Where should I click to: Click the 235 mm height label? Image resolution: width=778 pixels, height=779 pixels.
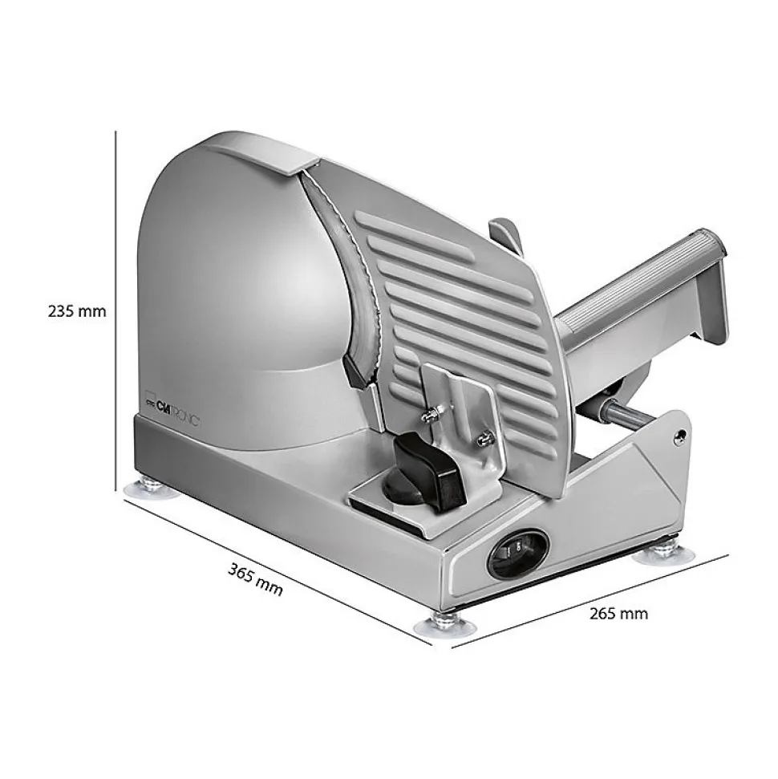[77, 311]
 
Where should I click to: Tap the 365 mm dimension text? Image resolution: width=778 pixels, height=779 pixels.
[255, 578]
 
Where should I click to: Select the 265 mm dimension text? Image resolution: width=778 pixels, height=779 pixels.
[618, 614]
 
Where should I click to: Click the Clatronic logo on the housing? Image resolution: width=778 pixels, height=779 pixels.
[172, 406]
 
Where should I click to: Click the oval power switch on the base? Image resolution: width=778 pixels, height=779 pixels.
[518, 553]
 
